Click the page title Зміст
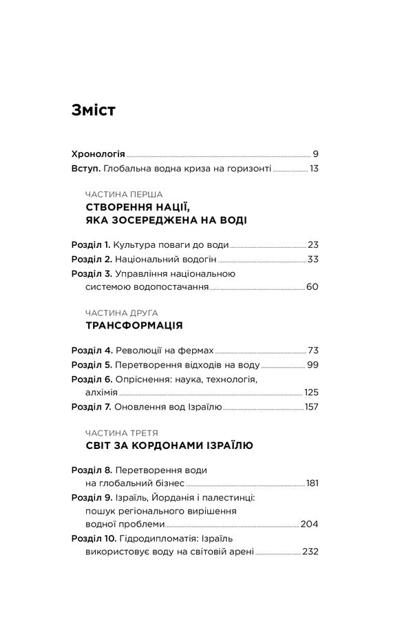tap(93, 111)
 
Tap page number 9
tap(315, 154)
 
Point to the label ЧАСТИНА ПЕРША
tap(124, 194)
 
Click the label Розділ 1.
tap(91, 244)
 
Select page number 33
tap(313, 259)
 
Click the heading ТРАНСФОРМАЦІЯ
tap(134, 325)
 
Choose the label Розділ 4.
tap(92, 350)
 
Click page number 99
tap(313, 364)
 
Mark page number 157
tap(310, 407)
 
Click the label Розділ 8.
tap(92, 470)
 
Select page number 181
tap(312, 483)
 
